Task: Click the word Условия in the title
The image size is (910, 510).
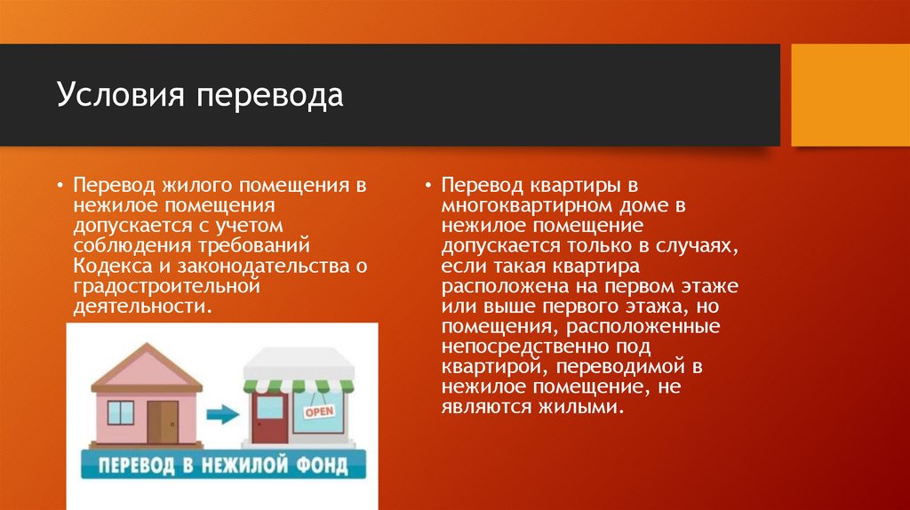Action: (120, 95)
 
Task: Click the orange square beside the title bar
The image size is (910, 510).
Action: (850, 95)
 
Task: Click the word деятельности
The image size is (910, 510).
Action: (140, 306)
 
